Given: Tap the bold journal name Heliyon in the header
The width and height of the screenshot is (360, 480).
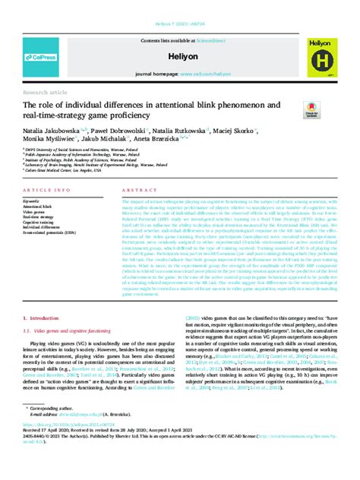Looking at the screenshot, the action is click(179, 57).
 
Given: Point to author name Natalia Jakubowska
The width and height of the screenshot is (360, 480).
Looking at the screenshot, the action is click(49, 130).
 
